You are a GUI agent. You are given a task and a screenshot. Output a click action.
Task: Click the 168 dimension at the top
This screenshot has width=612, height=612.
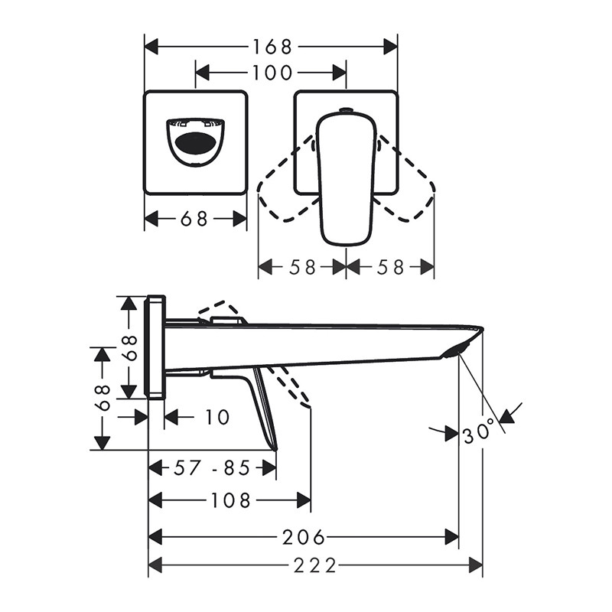[x=272, y=47]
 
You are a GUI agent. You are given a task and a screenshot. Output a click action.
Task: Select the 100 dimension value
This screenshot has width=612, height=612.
[x=272, y=73]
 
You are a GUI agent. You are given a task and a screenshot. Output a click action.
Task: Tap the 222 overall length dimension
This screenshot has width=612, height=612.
[x=314, y=565]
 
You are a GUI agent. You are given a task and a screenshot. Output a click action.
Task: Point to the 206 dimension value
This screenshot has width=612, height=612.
[x=303, y=538]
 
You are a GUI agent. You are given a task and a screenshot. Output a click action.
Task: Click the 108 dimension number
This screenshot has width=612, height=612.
[x=230, y=500]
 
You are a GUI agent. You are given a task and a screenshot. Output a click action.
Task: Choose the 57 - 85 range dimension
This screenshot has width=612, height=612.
[x=211, y=467]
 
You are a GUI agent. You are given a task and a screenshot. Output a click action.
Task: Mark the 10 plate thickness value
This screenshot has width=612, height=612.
[x=217, y=417]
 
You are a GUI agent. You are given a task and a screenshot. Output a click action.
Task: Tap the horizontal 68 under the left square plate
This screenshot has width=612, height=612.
[x=194, y=219]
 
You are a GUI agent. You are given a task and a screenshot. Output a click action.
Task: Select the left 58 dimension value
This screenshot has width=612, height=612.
[x=302, y=268]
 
